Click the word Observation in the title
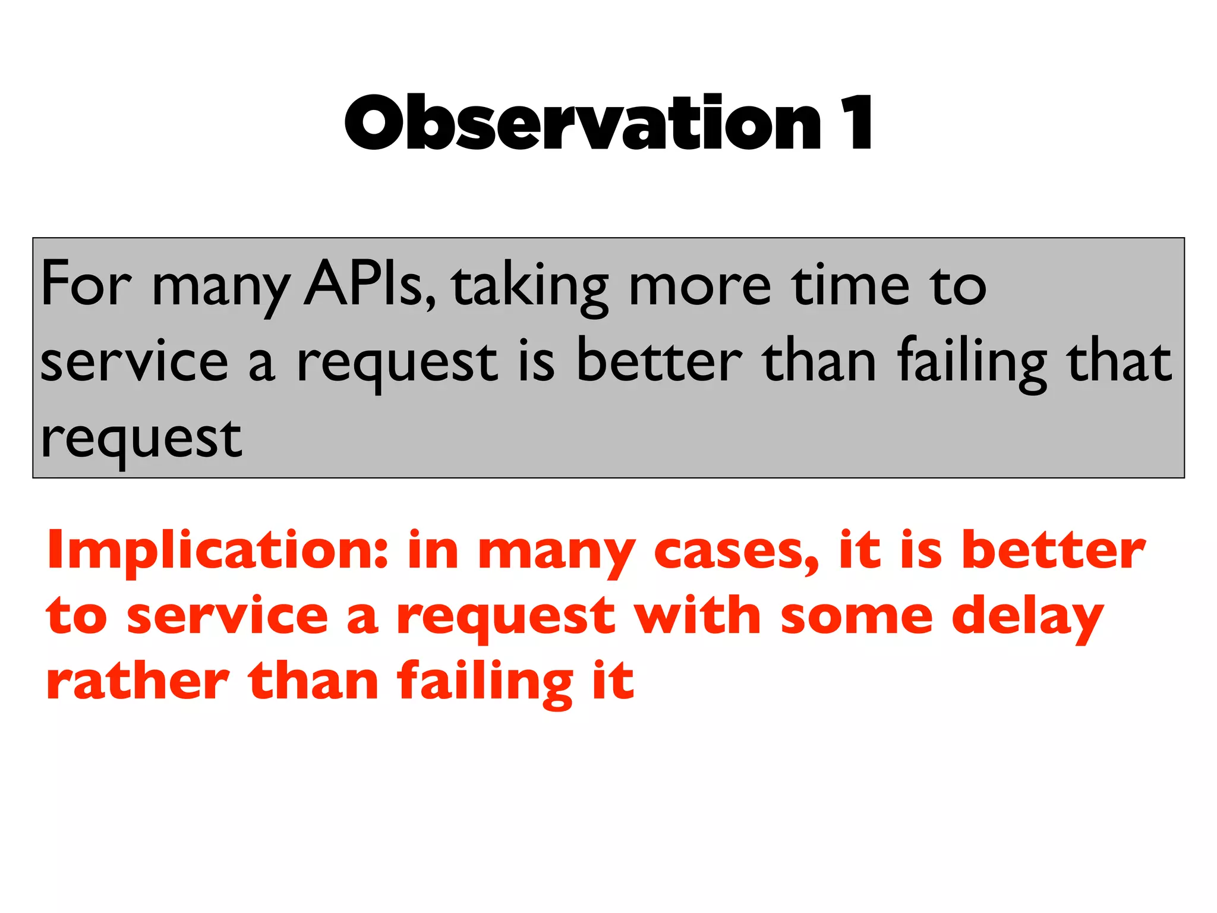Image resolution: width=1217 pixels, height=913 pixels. pos(582,124)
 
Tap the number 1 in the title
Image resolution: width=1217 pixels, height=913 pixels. pos(856,124)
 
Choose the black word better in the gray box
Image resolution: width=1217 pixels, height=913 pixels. pos(660,361)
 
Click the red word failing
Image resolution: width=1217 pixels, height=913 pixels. pos(485,682)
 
